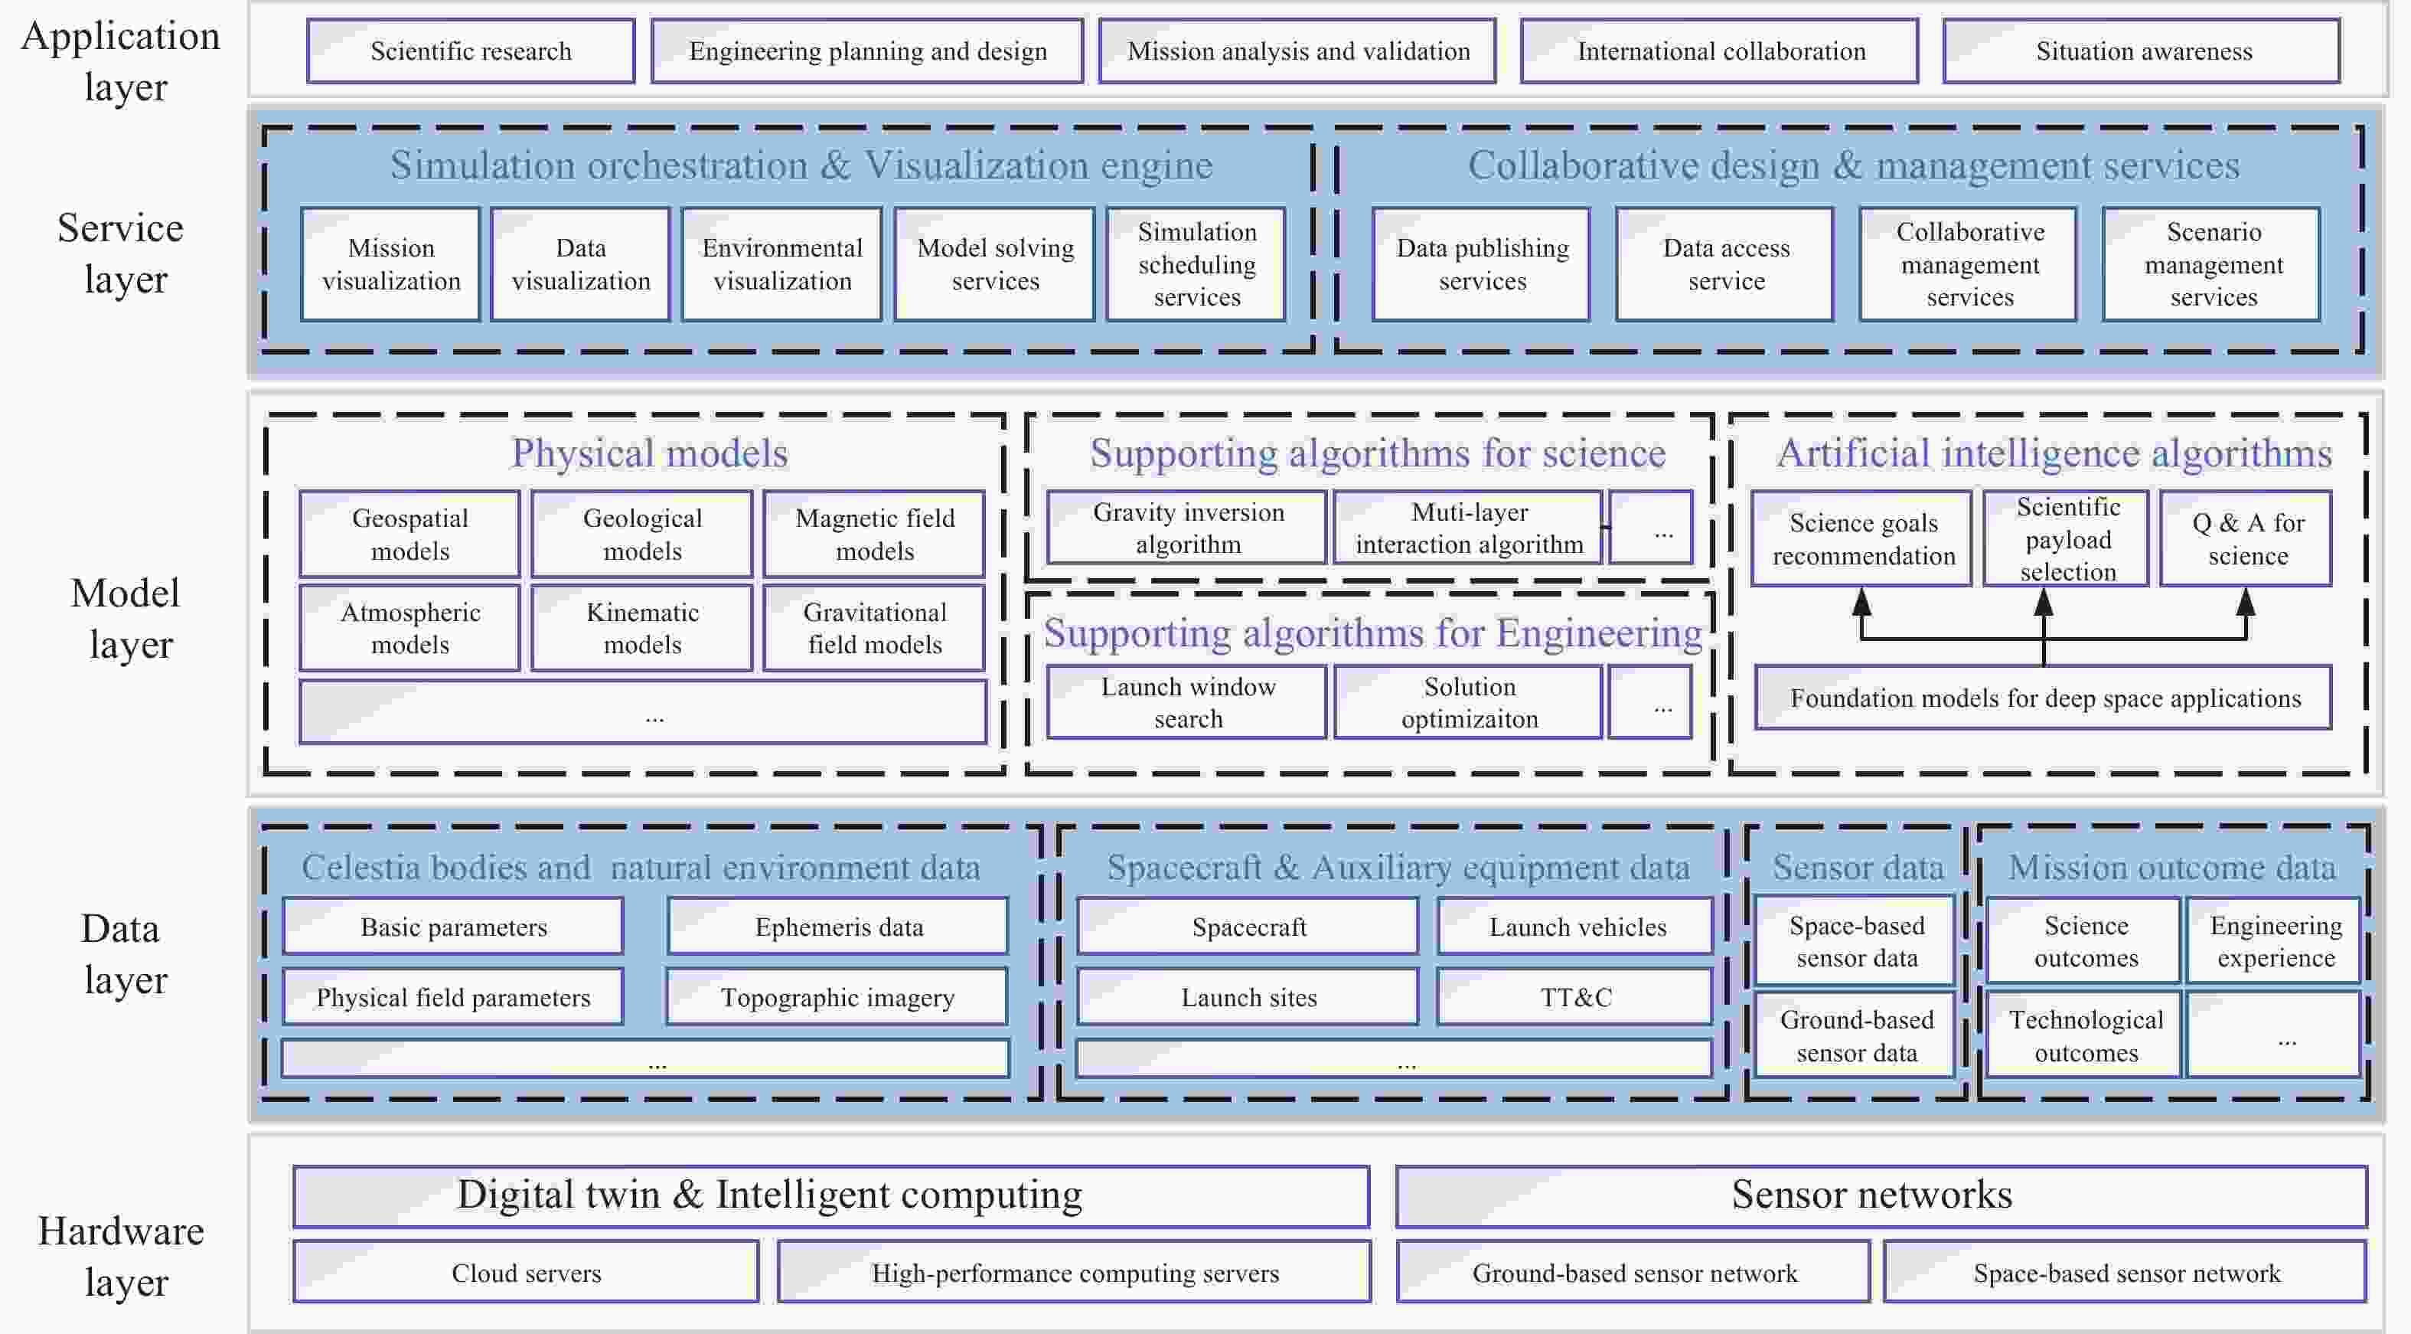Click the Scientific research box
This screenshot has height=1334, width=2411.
coord(471,51)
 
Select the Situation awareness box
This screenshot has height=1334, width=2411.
coord(2142,51)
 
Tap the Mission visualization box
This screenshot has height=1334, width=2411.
coord(391,265)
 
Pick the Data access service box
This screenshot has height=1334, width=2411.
coord(1725,265)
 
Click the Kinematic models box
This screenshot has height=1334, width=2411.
coord(642,628)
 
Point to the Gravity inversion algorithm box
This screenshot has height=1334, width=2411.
coord(1187,528)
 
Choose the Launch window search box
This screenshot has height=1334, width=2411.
coord(1187,703)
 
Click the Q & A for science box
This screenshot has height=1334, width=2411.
coord(2246,539)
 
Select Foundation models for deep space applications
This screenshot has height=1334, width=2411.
coord(2044,698)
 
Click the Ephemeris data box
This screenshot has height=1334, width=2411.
coord(839,927)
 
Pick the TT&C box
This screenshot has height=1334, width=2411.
coord(1576,998)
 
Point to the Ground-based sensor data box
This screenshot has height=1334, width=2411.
coord(1856,1036)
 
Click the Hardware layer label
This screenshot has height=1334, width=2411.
coord(122,1257)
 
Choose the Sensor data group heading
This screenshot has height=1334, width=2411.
coord(1858,868)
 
